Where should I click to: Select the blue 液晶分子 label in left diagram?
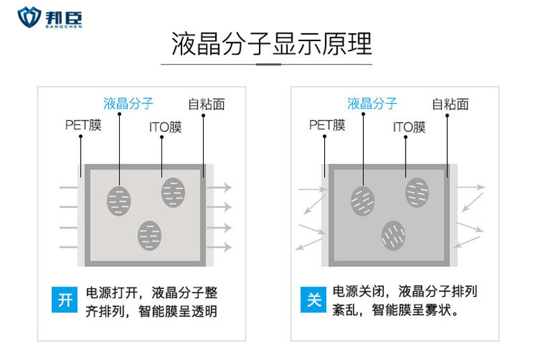pyautogui.click(x=128, y=103)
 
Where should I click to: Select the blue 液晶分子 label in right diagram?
pyautogui.click(x=372, y=103)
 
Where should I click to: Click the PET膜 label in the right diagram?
pyautogui.click(x=327, y=124)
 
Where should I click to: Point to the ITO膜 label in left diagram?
pyautogui.click(x=165, y=127)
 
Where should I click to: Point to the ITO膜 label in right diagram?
pyautogui.click(x=409, y=127)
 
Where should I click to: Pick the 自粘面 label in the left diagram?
pyautogui.click(x=206, y=104)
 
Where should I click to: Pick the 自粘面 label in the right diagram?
pyautogui.click(x=450, y=104)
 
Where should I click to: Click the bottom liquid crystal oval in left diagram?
pyautogui.click(x=149, y=235)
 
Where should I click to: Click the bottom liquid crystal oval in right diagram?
pyautogui.click(x=393, y=235)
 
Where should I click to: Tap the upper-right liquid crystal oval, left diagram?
pyautogui.click(x=174, y=192)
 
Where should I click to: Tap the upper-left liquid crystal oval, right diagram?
pyautogui.click(x=362, y=200)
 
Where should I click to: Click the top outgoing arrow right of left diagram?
pyautogui.click(x=221, y=187)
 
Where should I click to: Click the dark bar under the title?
pyautogui.click(x=268, y=64)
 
